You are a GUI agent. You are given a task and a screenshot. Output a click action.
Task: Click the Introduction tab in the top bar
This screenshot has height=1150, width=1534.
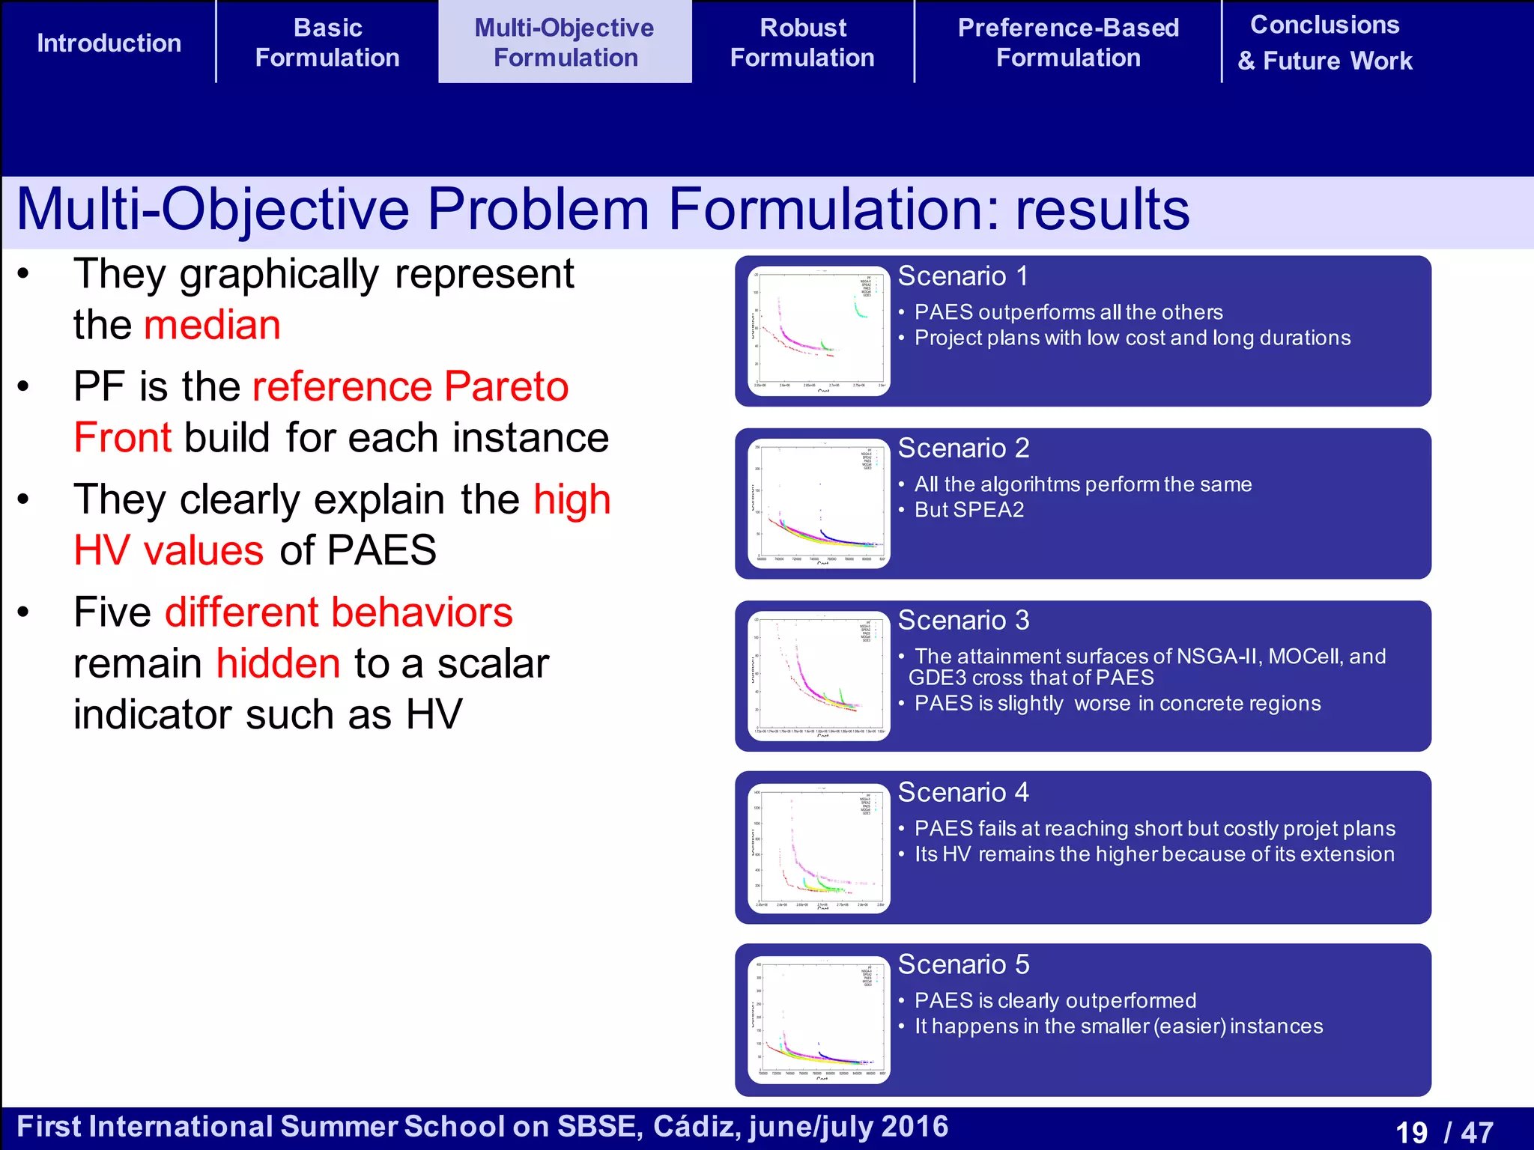coord(109,43)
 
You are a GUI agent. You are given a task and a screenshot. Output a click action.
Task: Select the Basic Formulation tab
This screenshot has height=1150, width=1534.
coord(327,43)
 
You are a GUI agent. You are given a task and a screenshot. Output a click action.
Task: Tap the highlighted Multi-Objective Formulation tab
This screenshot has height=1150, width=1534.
coord(565,43)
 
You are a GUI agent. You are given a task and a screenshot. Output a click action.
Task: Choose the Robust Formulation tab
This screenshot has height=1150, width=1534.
coord(802,43)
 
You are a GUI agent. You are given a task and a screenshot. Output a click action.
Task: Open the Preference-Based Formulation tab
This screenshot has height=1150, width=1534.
coord(1068,43)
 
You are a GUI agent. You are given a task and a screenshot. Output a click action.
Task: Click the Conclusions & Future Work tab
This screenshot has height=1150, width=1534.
coord(1324,43)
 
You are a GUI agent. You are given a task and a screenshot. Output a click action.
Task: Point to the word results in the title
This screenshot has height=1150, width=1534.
coord(1102,209)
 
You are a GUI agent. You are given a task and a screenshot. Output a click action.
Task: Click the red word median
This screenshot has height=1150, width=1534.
coord(212,325)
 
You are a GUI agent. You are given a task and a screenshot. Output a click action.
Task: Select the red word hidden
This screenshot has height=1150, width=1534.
coord(279,663)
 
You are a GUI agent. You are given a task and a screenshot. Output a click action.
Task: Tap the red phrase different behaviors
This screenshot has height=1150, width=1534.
coord(339,612)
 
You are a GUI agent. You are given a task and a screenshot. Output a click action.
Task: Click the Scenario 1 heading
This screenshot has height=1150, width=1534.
coord(962,276)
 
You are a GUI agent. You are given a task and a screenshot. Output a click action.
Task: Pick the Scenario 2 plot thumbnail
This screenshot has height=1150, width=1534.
coord(819,503)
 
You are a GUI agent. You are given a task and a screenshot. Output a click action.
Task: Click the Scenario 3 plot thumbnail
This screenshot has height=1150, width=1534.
coord(819,676)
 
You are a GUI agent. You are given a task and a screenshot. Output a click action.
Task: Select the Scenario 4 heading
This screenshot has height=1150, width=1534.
coord(963,792)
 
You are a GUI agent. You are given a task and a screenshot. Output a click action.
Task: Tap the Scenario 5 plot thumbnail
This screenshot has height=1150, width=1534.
coord(819,1020)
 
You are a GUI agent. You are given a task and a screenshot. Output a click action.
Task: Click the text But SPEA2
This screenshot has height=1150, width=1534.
coord(968,510)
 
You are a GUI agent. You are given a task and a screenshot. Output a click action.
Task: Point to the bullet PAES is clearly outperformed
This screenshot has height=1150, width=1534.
coord(1055,1000)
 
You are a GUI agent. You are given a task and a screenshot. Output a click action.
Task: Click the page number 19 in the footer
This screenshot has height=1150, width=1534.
coord(1411,1132)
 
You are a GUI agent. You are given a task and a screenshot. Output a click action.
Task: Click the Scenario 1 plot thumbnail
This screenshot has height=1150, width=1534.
coord(819,331)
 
